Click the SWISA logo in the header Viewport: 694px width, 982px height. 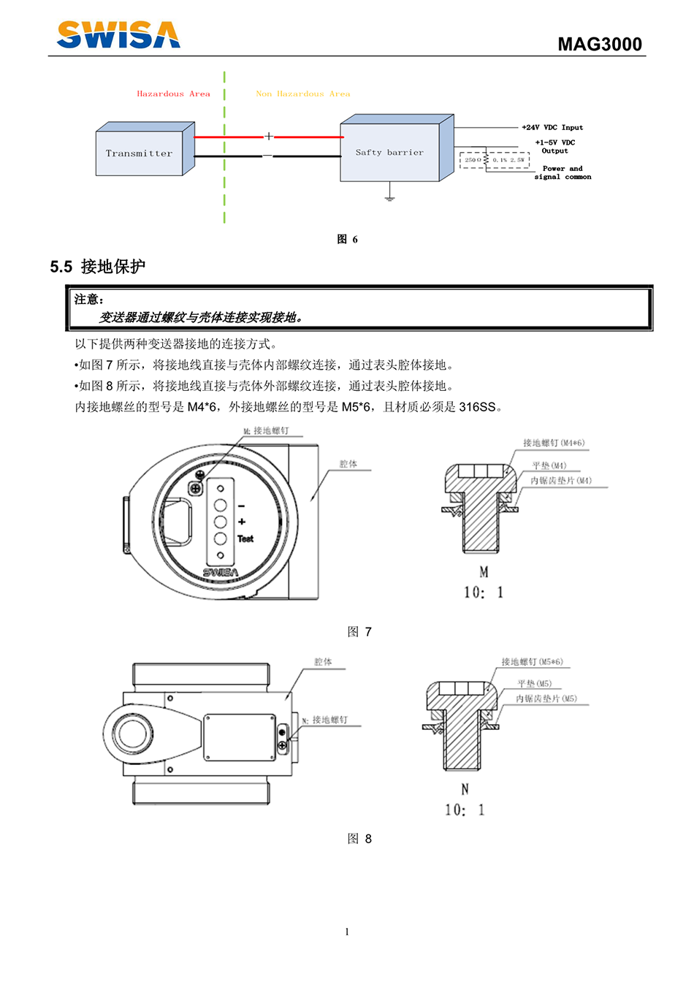(118, 34)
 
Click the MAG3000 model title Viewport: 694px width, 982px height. (599, 45)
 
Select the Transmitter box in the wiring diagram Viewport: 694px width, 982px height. (140, 153)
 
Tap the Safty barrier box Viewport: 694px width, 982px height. (389, 153)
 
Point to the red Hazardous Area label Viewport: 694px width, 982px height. (173, 94)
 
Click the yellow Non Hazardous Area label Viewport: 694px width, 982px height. (303, 94)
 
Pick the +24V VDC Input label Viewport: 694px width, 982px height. (552, 128)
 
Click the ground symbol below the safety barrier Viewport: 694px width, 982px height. (390, 196)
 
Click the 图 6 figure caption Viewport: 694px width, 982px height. (347, 240)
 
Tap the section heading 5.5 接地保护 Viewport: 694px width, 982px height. (98, 267)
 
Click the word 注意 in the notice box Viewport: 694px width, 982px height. (88, 300)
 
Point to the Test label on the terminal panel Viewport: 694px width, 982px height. (245, 539)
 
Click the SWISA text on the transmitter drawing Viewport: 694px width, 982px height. (220, 573)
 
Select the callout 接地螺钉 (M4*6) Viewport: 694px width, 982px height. (554, 444)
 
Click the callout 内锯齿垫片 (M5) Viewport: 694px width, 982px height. (546, 699)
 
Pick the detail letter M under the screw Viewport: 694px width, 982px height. (484, 572)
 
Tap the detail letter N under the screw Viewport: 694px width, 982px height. (465, 790)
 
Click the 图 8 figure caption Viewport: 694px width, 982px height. (359, 839)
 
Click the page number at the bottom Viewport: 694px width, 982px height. (347, 932)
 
